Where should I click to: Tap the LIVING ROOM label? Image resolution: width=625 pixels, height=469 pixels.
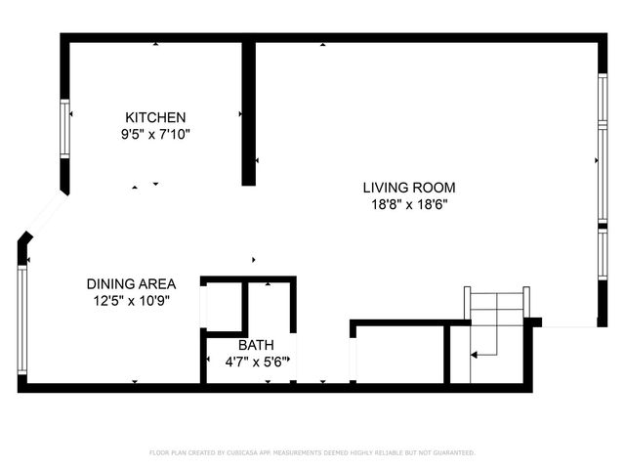tap(409, 188)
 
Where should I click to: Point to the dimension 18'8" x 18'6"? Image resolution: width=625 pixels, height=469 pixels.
tap(409, 205)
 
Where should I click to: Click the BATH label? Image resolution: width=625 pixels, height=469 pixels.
tap(256, 345)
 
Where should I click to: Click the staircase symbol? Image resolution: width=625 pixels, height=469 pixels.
tap(497, 322)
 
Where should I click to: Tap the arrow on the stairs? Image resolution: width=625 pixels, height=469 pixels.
tap(485, 348)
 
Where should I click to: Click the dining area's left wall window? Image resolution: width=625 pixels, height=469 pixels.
tap(21, 318)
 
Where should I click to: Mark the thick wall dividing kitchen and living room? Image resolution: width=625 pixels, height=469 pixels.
tap(249, 112)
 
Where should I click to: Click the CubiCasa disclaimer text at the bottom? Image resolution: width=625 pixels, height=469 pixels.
tap(312, 452)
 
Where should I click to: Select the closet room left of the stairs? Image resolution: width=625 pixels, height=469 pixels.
tap(398, 356)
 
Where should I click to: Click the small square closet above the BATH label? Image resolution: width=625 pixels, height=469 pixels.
tap(223, 305)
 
